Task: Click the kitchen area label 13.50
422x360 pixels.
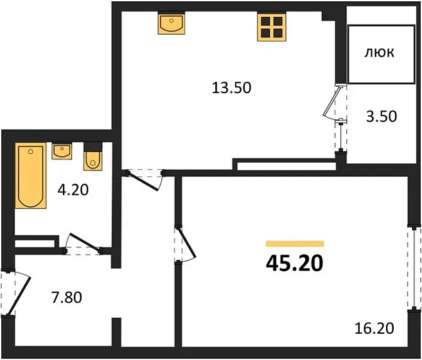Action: [x=231, y=88]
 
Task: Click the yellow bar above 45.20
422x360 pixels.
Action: [x=295, y=244]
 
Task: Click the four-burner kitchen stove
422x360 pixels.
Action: [x=271, y=27]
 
